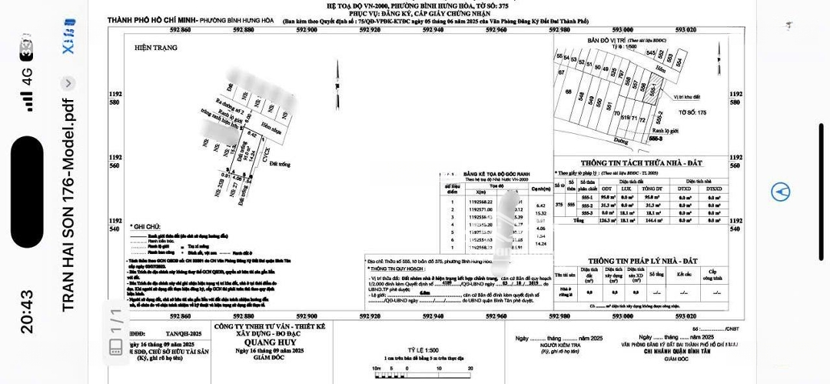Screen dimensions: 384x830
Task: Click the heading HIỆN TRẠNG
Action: tap(155, 48)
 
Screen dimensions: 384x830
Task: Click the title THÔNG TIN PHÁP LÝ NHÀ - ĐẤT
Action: tap(640, 262)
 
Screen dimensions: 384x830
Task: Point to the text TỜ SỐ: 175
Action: tap(692, 112)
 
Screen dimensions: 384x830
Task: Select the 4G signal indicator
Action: tap(27, 77)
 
